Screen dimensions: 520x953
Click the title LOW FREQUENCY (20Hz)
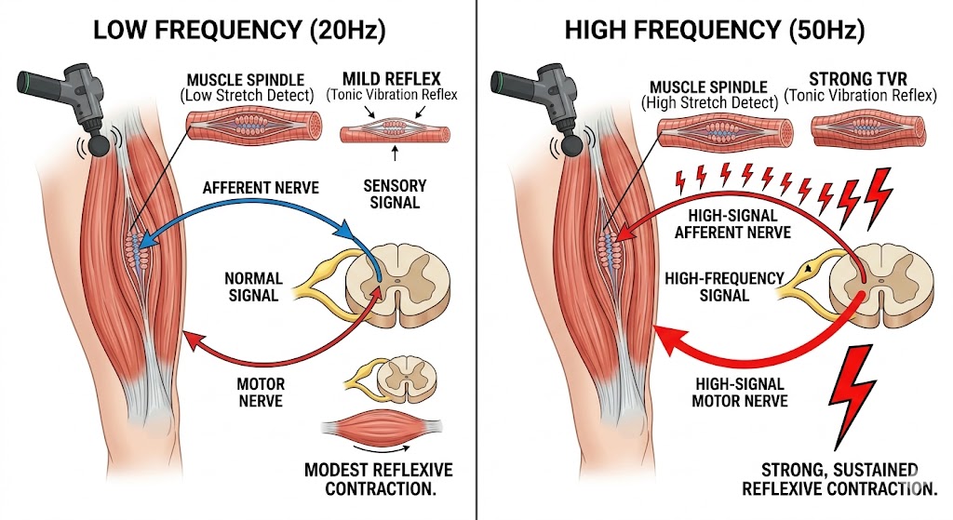[234, 32]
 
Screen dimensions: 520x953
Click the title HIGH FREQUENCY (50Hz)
[714, 32]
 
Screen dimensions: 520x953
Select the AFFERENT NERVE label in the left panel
[261, 188]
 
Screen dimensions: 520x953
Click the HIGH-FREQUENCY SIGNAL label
[711, 287]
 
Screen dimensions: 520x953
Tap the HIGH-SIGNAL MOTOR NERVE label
[741, 392]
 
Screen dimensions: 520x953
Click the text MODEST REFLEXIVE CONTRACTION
[378, 479]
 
